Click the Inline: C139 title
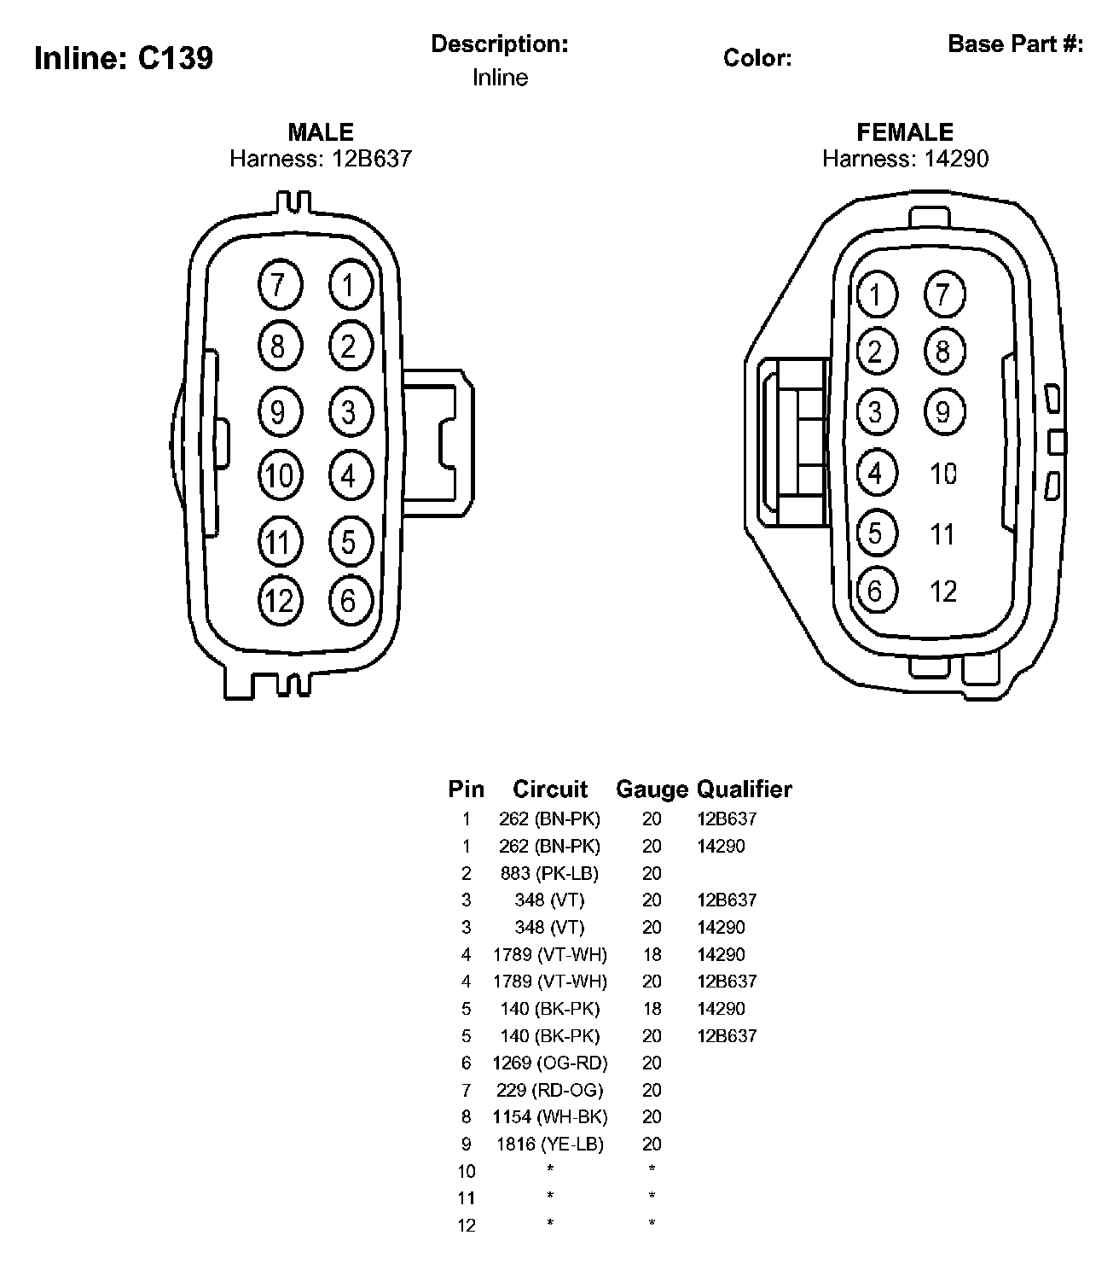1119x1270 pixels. pyautogui.click(x=124, y=59)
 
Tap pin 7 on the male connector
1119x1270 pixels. pyautogui.click(x=279, y=284)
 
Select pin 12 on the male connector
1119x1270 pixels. pyautogui.click(x=279, y=601)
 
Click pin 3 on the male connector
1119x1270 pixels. pyautogui.click(x=349, y=412)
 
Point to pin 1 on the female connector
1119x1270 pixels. pyautogui.click(x=875, y=295)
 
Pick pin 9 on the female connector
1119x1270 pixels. pyautogui.click(x=943, y=412)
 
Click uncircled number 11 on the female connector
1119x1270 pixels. pyautogui.click(x=942, y=534)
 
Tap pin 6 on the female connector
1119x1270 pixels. pyautogui.click(x=875, y=591)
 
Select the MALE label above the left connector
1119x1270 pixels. pyautogui.click(x=321, y=132)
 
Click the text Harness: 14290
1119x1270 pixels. pyautogui.click(x=905, y=159)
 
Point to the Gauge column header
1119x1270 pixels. pyautogui.click(x=652, y=789)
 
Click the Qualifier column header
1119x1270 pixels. pyautogui.click(x=745, y=789)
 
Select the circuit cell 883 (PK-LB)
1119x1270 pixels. pyautogui.click(x=549, y=873)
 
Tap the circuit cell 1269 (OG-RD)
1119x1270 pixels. pyautogui.click(x=550, y=1063)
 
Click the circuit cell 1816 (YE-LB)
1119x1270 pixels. pyautogui.click(x=550, y=1144)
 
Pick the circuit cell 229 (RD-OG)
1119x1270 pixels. pyautogui.click(x=550, y=1090)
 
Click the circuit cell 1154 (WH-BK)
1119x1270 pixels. pyautogui.click(x=550, y=1116)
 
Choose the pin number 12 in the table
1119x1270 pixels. pyautogui.click(x=467, y=1226)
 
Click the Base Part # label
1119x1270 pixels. pyautogui.click(x=1015, y=44)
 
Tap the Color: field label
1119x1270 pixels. pyautogui.click(x=757, y=58)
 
